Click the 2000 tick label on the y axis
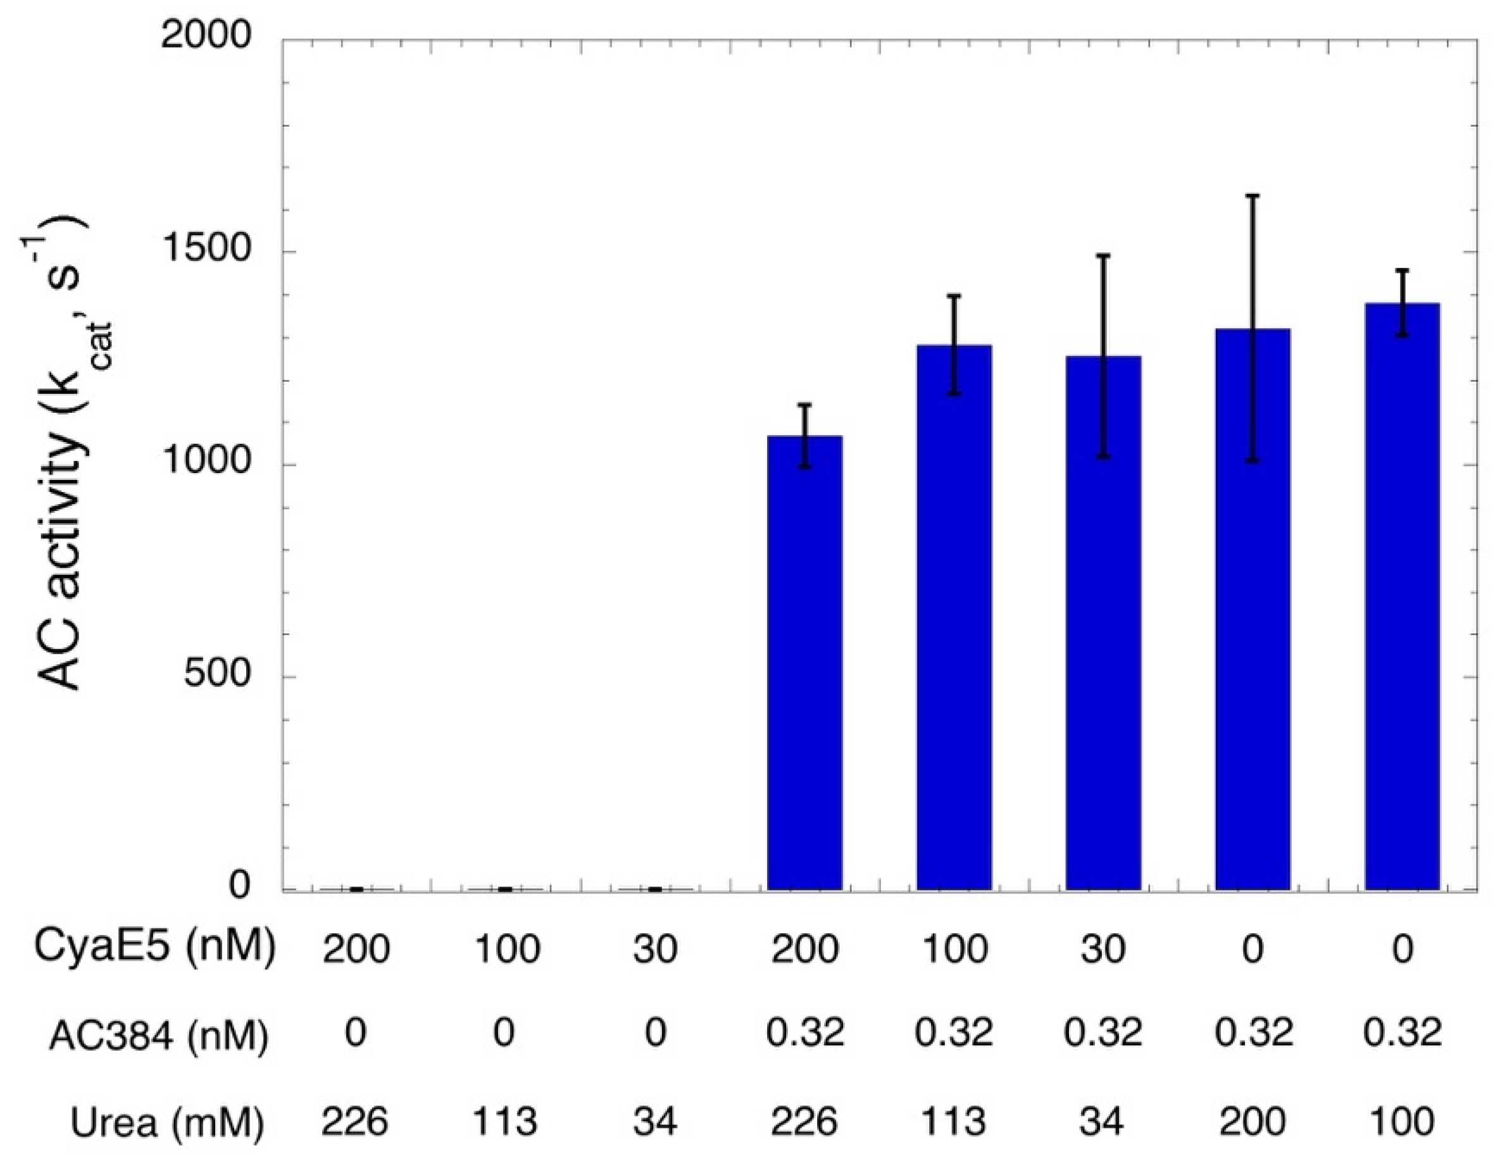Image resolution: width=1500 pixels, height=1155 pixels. (207, 35)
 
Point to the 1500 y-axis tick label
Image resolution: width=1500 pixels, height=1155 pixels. (207, 252)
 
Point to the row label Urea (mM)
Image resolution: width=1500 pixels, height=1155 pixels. (167, 1123)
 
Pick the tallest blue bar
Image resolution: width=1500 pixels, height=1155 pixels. (1402, 598)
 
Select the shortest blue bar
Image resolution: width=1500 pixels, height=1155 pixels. (804, 663)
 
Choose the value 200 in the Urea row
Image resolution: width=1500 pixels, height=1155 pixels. (1253, 1123)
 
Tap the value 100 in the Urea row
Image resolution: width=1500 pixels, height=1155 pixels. (1402, 1123)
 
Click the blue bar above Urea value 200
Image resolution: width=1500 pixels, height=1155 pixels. (1253, 612)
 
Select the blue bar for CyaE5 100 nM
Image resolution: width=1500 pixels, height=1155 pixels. (954, 619)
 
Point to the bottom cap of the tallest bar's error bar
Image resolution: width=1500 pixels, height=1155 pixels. (1402, 336)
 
